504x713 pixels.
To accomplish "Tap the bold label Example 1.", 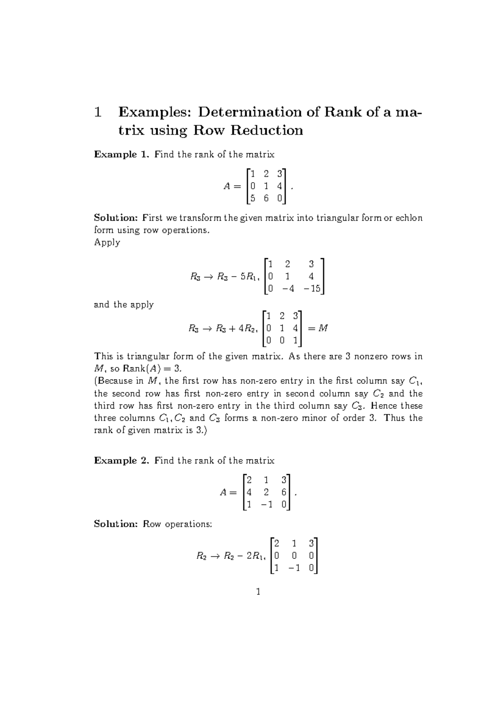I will point(121,154).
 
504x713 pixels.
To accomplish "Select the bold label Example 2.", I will point(121,460).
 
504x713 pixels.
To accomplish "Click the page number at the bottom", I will point(258,592).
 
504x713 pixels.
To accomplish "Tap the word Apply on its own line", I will point(107,243).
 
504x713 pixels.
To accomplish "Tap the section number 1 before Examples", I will point(98,112).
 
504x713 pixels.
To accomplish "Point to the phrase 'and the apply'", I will point(123,304).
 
